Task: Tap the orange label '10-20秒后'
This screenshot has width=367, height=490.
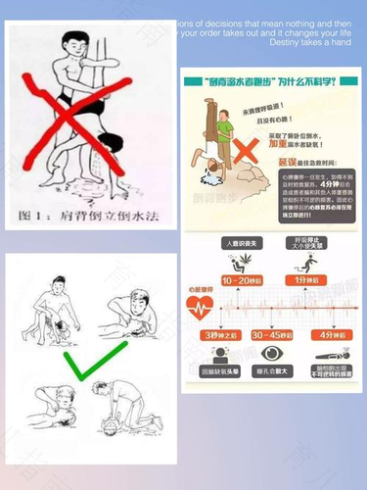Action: click(239, 280)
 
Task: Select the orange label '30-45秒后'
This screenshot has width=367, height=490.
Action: click(271, 334)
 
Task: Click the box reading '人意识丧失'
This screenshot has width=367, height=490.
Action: click(239, 241)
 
